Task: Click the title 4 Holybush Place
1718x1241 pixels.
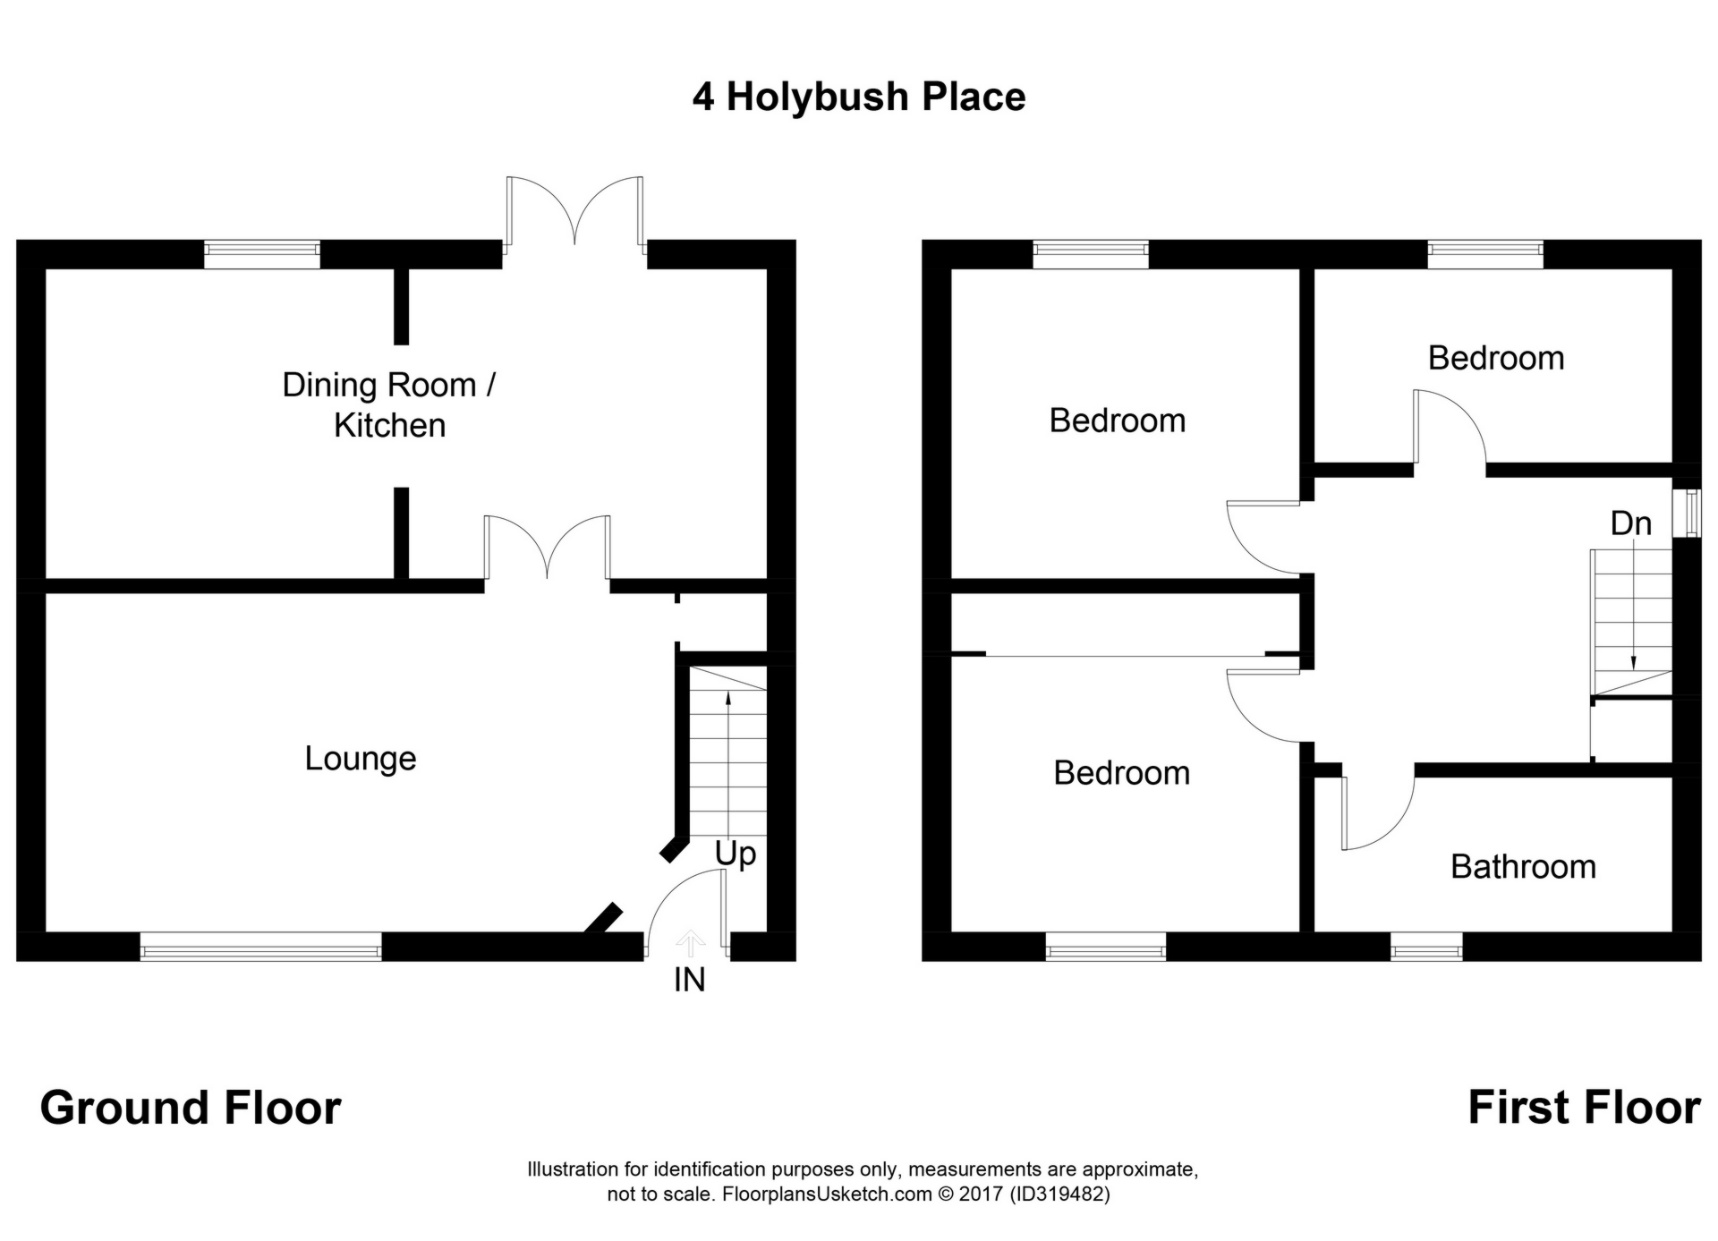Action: pyautogui.click(x=858, y=97)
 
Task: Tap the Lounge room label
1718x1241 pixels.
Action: pyautogui.click(x=360, y=759)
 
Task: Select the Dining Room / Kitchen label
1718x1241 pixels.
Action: pyautogui.click(x=388, y=404)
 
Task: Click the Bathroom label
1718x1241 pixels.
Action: pyautogui.click(x=1523, y=866)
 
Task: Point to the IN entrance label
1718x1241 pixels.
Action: pyautogui.click(x=689, y=980)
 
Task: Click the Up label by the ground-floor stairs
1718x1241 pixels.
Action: pyautogui.click(x=735, y=854)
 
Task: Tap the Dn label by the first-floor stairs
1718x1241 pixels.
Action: pyautogui.click(x=1630, y=523)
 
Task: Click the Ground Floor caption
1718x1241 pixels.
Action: pyautogui.click(x=191, y=1108)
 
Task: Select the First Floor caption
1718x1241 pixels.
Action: pyautogui.click(x=1583, y=1108)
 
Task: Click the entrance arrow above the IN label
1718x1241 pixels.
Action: pyautogui.click(x=689, y=943)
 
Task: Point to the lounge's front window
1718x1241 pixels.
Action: pyautogui.click(x=260, y=947)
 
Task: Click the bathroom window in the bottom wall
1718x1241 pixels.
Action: pyautogui.click(x=1426, y=947)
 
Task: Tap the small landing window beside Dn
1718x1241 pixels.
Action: pyautogui.click(x=1688, y=514)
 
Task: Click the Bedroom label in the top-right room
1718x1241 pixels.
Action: pyautogui.click(x=1495, y=358)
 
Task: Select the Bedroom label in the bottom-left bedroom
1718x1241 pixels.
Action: pyautogui.click(x=1121, y=773)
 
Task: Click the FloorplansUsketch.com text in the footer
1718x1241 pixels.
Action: pyautogui.click(x=827, y=1194)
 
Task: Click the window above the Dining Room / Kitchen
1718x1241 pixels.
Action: pyautogui.click(x=261, y=254)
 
